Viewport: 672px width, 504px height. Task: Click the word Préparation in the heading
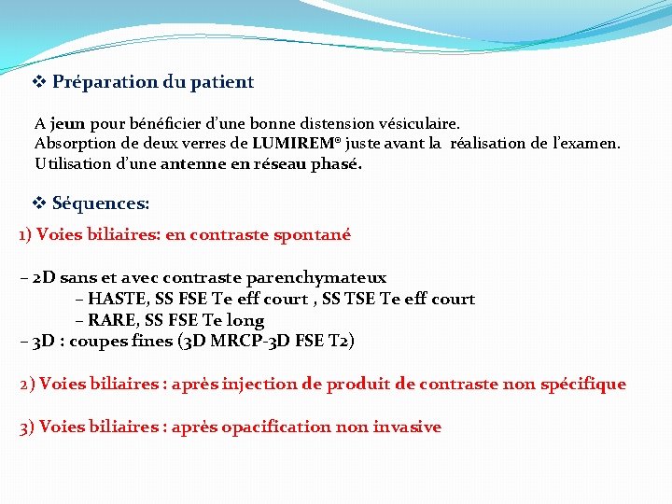click(x=104, y=82)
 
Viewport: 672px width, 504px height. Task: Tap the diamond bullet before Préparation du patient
click(x=39, y=81)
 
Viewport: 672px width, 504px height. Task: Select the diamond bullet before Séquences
click(x=39, y=203)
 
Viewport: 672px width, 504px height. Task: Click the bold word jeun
click(x=67, y=123)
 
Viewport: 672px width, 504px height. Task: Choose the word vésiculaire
click(x=417, y=123)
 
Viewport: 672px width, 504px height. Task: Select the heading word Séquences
click(x=101, y=203)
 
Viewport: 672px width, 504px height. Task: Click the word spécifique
click(x=581, y=385)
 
